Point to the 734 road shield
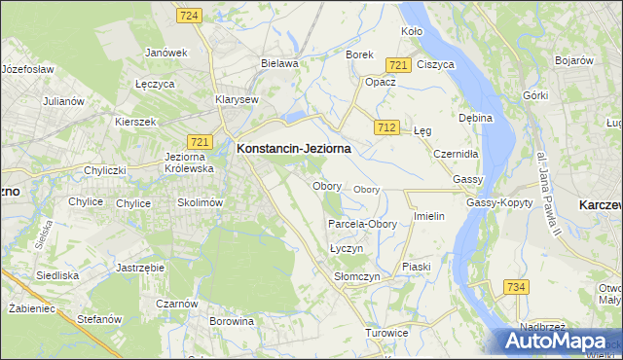click(x=516, y=286)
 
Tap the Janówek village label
click(x=165, y=52)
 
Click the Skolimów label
click(x=201, y=202)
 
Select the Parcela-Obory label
click(x=362, y=224)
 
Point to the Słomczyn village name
click(x=356, y=277)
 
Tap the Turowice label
click(x=386, y=333)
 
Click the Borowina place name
click(x=231, y=320)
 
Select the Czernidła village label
click(x=456, y=154)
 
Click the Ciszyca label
click(x=435, y=64)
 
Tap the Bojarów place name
click(x=573, y=60)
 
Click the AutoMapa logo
click(x=559, y=342)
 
